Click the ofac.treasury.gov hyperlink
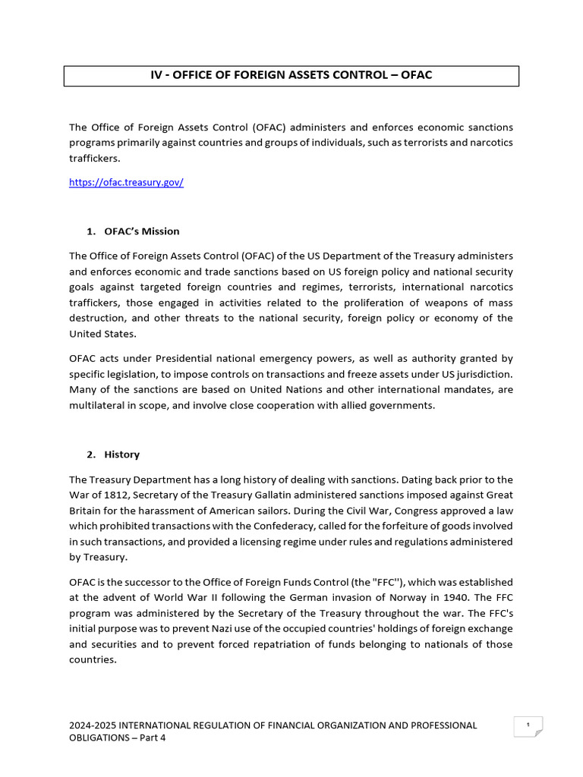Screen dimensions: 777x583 [126, 183]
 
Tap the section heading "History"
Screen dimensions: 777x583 [122, 455]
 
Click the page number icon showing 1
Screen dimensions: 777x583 [528, 726]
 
